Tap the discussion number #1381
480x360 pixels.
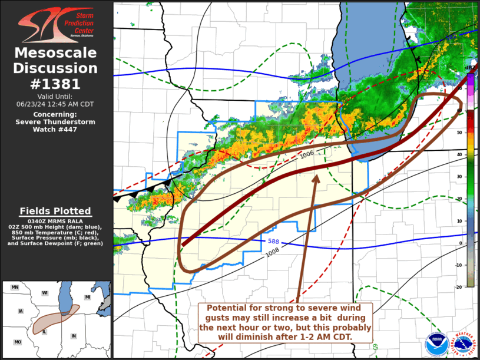56,84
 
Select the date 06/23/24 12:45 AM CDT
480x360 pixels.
55,104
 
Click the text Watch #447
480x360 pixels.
56,130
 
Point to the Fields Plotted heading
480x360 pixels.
55,211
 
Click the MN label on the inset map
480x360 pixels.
15,287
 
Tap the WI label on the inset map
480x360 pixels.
44,292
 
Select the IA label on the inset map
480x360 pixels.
21,311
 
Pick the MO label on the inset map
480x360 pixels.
18,342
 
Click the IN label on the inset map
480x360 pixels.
74,336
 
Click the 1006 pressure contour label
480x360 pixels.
307,154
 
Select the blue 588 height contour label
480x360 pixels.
274,241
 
